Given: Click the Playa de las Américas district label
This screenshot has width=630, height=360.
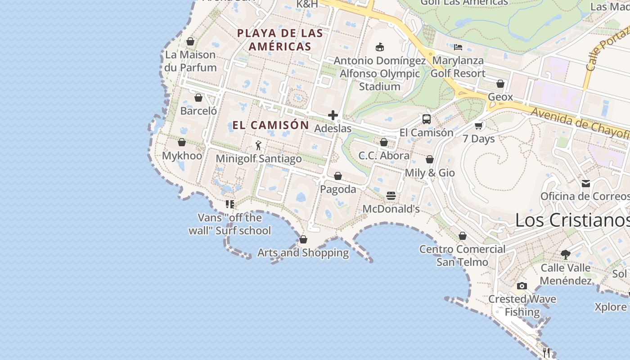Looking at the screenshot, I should [x=280, y=40].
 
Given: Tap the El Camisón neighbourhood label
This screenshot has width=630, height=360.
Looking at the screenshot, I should [x=270, y=125].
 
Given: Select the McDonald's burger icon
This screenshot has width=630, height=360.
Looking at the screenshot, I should [x=391, y=195].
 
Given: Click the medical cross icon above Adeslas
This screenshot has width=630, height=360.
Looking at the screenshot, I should [x=333, y=115].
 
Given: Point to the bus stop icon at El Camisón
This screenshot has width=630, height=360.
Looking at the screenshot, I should [x=426, y=119].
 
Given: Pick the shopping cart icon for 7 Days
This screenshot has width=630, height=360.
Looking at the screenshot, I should [x=479, y=126].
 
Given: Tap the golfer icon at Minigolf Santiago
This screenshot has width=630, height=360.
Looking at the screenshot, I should [x=258, y=145].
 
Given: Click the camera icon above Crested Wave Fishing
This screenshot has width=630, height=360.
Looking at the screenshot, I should [x=522, y=286].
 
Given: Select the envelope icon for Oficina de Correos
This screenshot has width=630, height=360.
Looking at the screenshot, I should [x=585, y=183].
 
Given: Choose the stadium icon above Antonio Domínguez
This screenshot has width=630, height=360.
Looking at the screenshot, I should [x=380, y=47].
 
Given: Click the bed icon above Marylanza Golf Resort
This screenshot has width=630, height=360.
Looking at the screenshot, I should [x=458, y=47].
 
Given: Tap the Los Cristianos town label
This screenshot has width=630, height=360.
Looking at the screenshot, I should [x=572, y=220].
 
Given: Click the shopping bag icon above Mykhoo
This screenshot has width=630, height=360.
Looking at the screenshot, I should [x=182, y=142].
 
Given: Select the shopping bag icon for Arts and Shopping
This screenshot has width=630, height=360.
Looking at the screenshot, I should [x=303, y=239].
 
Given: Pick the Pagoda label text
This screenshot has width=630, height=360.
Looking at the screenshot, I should [x=338, y=189].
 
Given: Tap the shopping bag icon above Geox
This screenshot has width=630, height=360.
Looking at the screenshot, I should [x=500, y=84].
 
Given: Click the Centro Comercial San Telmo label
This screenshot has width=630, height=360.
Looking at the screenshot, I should [x=462, y=256].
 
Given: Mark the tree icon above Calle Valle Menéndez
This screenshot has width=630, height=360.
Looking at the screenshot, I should [x=565, y=254].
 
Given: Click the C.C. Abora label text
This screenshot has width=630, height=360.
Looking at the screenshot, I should [x=384, y=156].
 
